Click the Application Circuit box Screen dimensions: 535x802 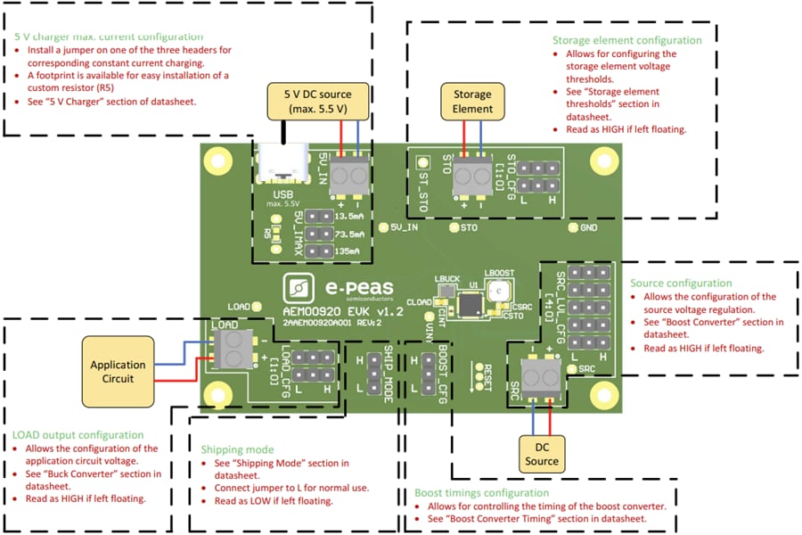118,371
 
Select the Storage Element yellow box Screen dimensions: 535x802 472,102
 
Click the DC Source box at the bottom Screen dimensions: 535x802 542,454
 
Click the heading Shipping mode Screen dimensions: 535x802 237,449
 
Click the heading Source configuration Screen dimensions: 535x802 682,283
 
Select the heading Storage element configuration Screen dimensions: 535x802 626,40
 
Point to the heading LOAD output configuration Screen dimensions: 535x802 78,435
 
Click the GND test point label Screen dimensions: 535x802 588,228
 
